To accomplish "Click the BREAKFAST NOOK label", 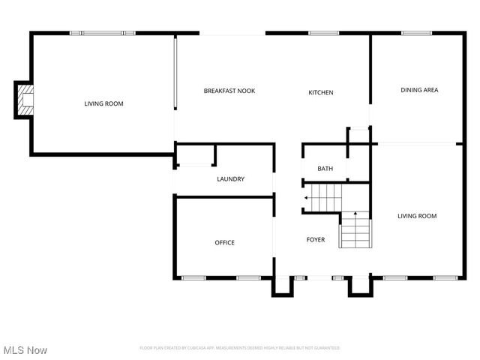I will click(x=229, y=91).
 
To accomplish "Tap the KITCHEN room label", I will click(x=321, y=92).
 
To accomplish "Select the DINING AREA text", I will click(x=419, y=90).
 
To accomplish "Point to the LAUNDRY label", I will click(x=230, y=179).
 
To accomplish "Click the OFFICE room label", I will click(x=224, y=242).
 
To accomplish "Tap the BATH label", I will click(x=325, y=169).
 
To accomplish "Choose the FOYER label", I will click(x=316, y=240).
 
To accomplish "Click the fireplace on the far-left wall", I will click(x=25, y=100).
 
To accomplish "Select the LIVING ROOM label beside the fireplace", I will click(x=103, y=103).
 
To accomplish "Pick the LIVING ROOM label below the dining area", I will click(x=416, y=216).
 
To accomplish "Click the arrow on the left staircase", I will click(x=307, y=198).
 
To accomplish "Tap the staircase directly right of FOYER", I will click(x=355, y=230).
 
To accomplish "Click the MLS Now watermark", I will click(x=25, y=350).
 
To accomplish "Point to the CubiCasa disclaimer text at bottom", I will click(x=239, y=348).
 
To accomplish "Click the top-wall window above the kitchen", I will click(x=323, y=33).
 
